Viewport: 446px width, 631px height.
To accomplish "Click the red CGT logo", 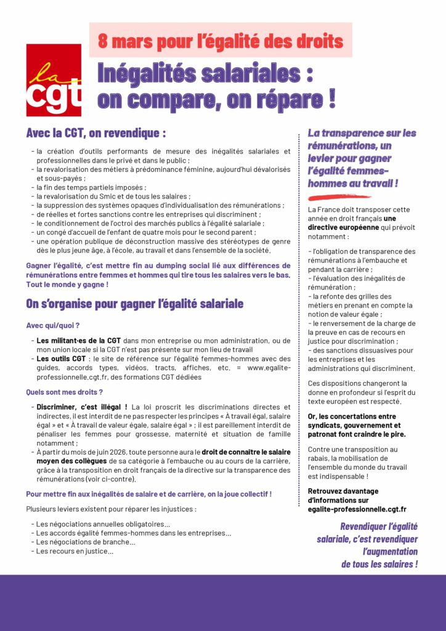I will point(54,79).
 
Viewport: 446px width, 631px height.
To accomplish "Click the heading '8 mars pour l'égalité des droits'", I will point(221,41).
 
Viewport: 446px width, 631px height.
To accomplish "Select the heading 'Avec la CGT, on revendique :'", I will point(95,133).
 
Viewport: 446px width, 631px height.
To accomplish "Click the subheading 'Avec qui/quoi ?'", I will point(53,325).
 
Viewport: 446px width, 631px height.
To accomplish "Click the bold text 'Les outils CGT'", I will point(61,359).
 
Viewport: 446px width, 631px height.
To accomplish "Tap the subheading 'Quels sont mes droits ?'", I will point(64,392).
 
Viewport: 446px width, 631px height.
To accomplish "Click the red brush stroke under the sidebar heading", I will point(339,197).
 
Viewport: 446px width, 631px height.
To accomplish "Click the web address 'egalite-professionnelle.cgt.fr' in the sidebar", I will point(357,510).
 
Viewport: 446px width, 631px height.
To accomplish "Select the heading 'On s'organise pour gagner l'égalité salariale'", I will point(134,304).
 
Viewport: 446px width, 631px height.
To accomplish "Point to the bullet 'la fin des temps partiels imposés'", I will point(91,187).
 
